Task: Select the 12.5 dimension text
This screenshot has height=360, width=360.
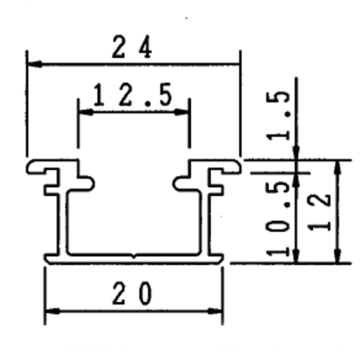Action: (133, 96)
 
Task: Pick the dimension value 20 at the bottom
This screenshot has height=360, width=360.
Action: (133, 294)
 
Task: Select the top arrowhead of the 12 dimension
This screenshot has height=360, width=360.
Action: (339, 166)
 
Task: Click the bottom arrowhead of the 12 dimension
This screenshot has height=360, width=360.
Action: (339, 256)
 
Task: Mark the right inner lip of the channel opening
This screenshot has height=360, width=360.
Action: (181, 182)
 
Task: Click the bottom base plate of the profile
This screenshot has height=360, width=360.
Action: (133, 259)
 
